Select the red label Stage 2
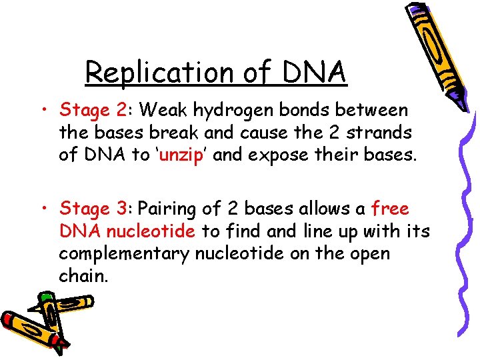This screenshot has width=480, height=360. [89, 109]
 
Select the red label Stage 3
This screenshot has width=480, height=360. [89, 209]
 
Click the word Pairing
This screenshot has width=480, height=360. [166, 209]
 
